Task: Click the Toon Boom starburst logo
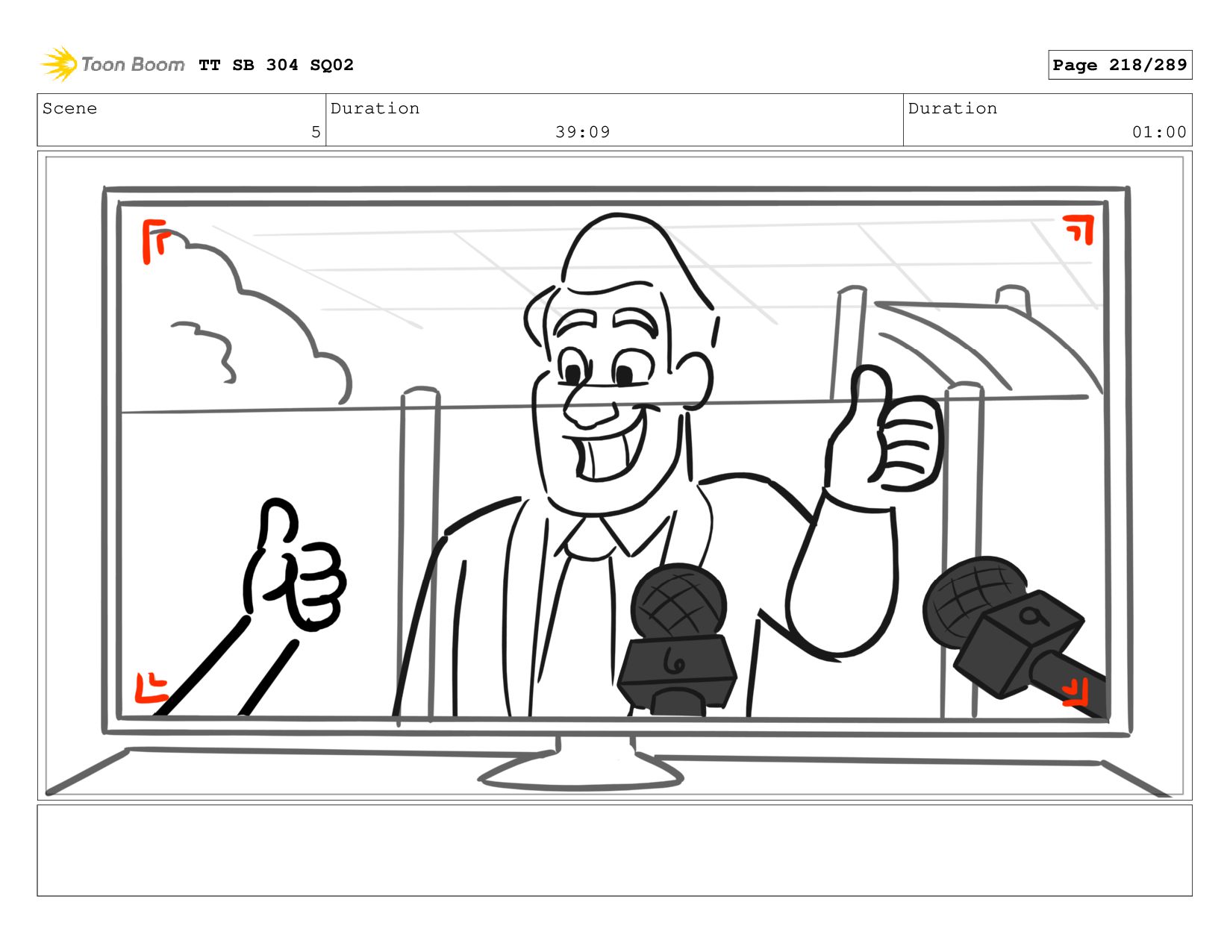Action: (x=59, y=64)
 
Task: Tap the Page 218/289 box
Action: (x=1120, y=65)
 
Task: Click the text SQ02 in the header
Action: (x=331, y=65)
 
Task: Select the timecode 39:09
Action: (x=582, y=132)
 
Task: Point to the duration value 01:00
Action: (x=1158, y=132)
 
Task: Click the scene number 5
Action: (x=316, y=132)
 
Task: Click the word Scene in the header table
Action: (x=69, y=108)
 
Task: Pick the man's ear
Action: (x=694, y=379)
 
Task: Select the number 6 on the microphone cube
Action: (x=673, y=662)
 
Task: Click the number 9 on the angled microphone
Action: (x=1032, y=616)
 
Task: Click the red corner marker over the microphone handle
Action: (x=1075, y=693)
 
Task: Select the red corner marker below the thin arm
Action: (x=151, y=689)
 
